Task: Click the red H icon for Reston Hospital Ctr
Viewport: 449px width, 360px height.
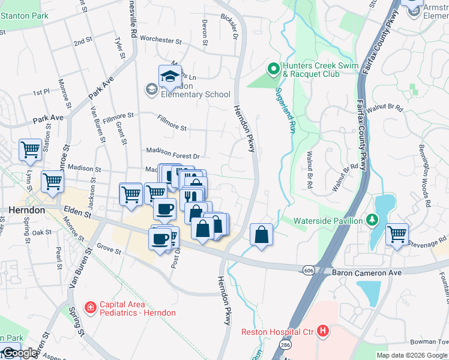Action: pos(324,331)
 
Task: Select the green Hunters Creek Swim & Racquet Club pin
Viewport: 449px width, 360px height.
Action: pos(274,70)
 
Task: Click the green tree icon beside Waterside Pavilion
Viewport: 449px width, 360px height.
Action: pos(372,220)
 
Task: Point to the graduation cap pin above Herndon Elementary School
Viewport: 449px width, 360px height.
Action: pos(170,77)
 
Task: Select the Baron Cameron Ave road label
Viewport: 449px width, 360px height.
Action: pos(366,272)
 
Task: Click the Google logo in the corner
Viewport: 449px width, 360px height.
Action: pos(19,353)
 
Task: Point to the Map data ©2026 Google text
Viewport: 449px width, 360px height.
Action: pos(411,355)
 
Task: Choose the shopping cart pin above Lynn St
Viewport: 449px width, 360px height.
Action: pos(30,150)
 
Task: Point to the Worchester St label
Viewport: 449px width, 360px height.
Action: pos(160,40)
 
